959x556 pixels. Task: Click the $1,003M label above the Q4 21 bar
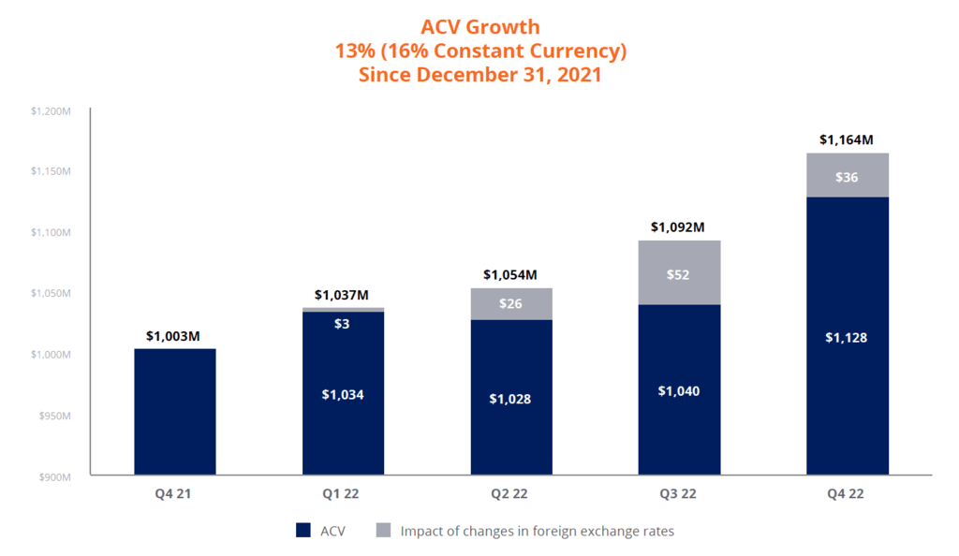pos(174,336)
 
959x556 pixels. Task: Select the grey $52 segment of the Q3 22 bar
pos(679,274)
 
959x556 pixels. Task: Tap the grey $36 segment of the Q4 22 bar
pos(847,176)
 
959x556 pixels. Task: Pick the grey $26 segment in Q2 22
pos(510,304)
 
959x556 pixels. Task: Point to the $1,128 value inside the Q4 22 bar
pos(847,338)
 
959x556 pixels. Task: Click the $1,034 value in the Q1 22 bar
pos(343,394)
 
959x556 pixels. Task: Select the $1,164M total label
pos(846,139)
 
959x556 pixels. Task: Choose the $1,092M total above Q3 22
pos(679,227)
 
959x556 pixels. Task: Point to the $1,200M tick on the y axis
pos(52,110)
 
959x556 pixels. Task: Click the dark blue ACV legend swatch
pos(302,531)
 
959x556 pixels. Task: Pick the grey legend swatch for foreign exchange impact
pos(383,531)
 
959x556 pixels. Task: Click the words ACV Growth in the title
pos(479,27)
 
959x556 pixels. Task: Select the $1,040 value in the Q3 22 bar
pos(679,390)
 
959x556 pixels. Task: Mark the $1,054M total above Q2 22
pos(510,274)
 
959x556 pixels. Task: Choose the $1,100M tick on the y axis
pos(52,232)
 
